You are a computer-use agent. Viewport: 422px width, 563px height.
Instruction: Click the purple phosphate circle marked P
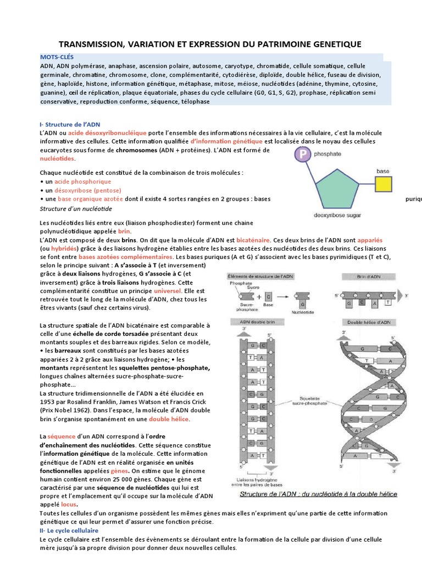tap(301, 155)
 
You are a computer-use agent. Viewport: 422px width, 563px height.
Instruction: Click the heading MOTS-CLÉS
tap(57, 57)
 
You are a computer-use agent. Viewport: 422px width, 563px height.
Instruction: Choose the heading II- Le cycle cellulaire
tap(69, 531)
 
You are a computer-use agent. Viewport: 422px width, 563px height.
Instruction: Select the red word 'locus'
tap(69, 504)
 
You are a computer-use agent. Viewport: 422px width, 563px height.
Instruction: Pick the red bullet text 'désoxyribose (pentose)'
tap(83, 190)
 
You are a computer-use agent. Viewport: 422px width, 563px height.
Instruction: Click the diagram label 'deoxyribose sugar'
tap(337, 216)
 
